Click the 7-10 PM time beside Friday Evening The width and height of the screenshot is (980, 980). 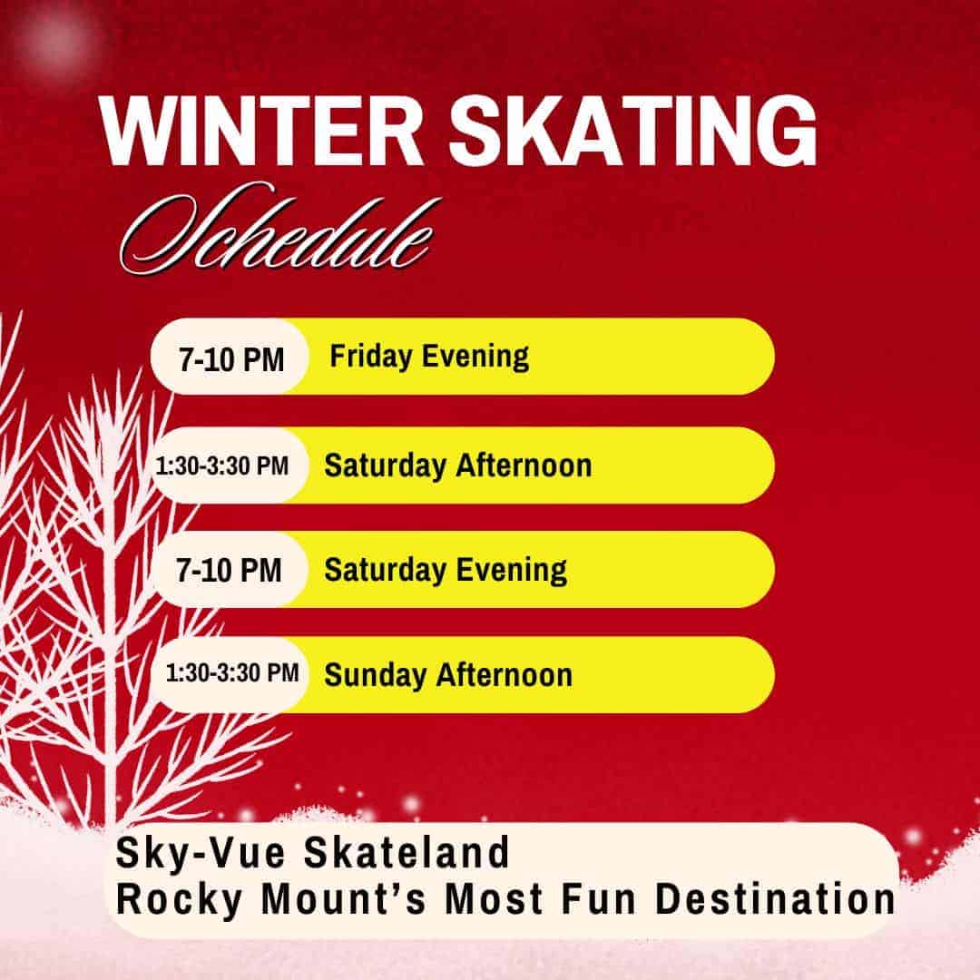coord(231,360)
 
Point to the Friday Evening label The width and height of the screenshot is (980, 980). coord(429,356)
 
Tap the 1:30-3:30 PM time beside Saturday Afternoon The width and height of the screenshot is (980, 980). coord(222,466)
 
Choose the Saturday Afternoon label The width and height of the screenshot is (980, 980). coord(458,465)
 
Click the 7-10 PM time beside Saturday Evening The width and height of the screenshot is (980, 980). coord(229,571)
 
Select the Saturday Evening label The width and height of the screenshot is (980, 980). coord(446,570)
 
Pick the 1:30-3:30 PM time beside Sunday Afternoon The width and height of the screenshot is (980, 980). coord(232,674)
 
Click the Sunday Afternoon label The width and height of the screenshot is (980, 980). coord(448,675)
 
